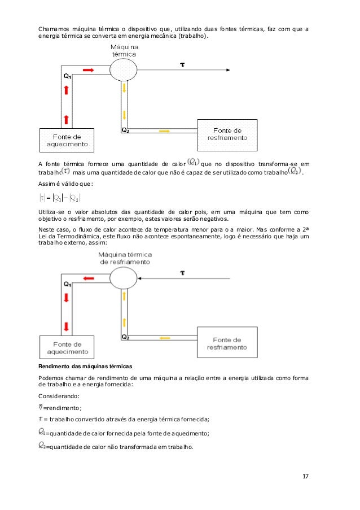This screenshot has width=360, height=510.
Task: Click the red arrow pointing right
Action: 88,69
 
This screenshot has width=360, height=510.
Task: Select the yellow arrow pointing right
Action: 165,131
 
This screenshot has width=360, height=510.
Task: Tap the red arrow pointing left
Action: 89,278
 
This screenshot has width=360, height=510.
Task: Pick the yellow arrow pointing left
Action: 165,338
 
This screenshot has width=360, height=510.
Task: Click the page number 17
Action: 305,477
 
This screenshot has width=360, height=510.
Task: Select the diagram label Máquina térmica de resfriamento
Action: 125,258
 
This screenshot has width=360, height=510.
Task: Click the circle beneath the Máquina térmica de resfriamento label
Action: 123,277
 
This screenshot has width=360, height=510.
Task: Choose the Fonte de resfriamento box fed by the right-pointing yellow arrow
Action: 227,134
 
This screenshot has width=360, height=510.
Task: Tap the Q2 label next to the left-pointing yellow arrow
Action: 126,337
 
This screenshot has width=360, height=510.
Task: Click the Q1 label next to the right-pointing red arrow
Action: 67,75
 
